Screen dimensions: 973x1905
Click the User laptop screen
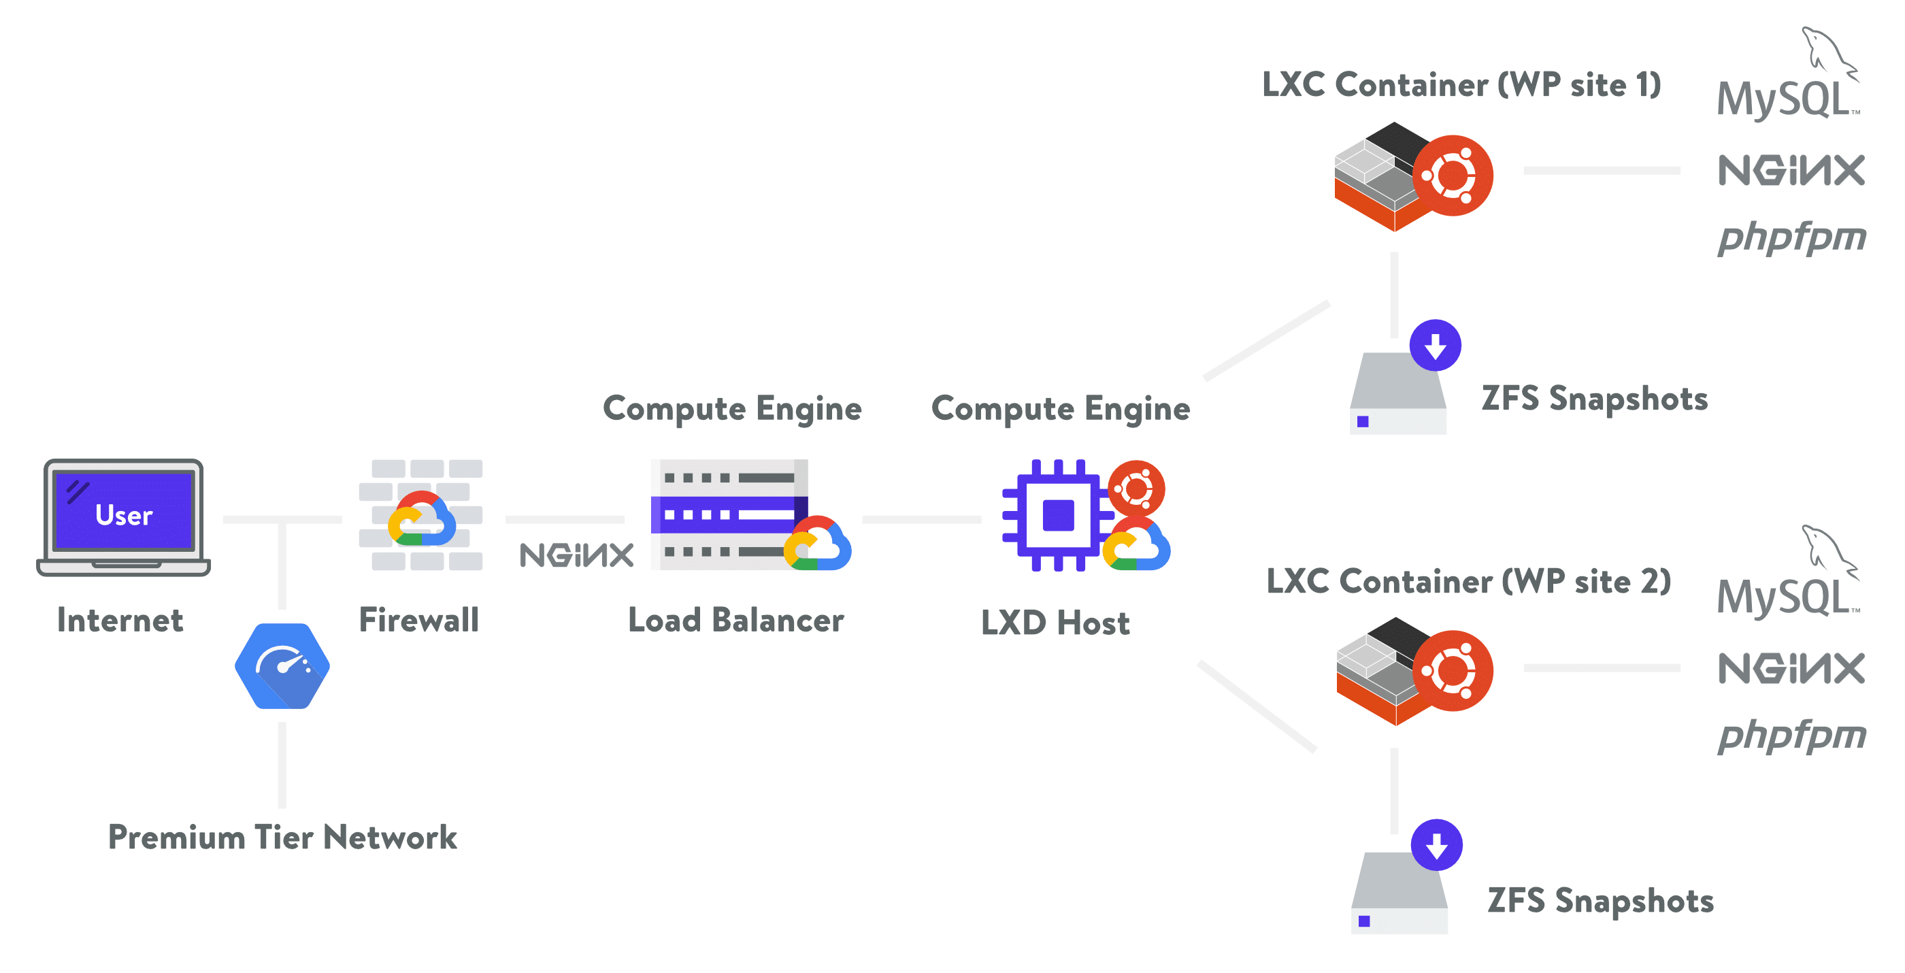pyautogui.click(x=124, y=512)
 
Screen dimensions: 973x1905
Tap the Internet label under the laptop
pyautogui.click(x=120, y=620)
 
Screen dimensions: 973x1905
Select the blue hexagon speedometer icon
pyautogui.click(x=282, y=665)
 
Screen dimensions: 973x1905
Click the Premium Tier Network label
pyautogui.click(x=282, y=837)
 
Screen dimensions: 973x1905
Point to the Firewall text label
pyautogui.click(x=418, y=620)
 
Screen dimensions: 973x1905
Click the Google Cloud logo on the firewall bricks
pyautogui.click(x=422, y=520)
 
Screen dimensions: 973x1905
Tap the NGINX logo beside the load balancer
pyautogui.click(x=576, y=555)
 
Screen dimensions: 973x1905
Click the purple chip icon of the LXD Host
pyautogui.click(x=1057, y=515)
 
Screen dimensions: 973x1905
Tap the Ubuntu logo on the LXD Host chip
pyautogui.click(x=1137, y=489)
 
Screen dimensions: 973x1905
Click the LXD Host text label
pyautogui.click(x=1055, y=623)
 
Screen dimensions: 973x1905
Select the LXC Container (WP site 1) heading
pyautogui.click(x=1461, y=84)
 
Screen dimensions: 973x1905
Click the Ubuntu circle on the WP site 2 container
pyautogui.click(x=1453, y=671)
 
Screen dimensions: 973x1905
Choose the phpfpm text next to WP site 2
pyautogui.click(x=1791, y=736)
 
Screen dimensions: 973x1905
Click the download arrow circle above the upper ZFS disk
pyautogui.click(x=1435, y=345)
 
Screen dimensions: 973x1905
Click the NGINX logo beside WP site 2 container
pyautogui.click(x=1791, y=668)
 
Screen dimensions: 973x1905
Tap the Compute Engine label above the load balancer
pyautogui.click(x=732, y=408)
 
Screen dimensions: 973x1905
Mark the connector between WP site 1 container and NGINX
pyautogui.click(x=1601, y=171)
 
